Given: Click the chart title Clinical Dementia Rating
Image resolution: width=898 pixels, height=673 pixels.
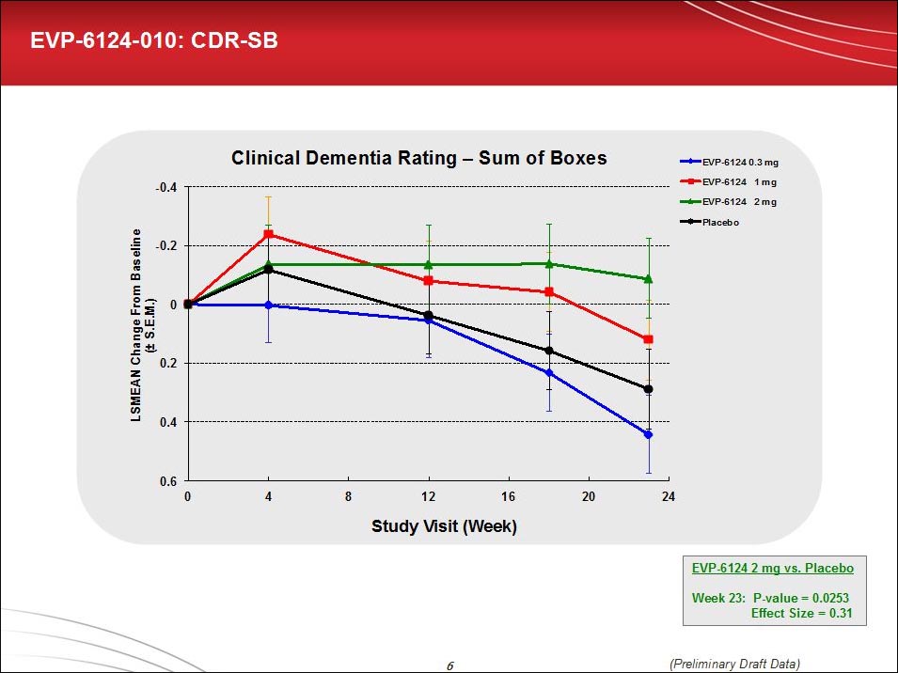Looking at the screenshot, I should click(418, 158).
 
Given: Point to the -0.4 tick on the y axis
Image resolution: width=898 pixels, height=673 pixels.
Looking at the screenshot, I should click(166, 187).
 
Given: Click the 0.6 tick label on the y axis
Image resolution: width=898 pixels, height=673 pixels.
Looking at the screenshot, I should click(169, 481).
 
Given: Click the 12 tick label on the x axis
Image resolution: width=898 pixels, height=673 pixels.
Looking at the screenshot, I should click(429, 496).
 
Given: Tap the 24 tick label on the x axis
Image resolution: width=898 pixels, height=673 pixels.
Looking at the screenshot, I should click(669, 496).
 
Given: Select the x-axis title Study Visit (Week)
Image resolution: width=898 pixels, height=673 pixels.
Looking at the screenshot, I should click(444, 526).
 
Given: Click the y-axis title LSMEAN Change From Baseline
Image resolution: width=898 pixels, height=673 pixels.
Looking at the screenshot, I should click(136, 324).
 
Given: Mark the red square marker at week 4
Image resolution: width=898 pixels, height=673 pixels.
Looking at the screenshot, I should click(268, 234).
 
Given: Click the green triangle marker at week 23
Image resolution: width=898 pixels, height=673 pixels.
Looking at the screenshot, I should click(648, 279).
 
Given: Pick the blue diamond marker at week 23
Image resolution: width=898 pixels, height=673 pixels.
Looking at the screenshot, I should click(648, 434).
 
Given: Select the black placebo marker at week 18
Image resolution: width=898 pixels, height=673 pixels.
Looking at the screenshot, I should click(549, 352).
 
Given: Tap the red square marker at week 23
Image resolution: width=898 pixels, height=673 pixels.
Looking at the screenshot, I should click(648, 339).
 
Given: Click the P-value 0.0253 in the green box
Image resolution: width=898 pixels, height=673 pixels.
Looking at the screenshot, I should click(772, 598).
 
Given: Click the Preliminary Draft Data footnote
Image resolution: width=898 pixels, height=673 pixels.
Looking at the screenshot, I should click(735, 664).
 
